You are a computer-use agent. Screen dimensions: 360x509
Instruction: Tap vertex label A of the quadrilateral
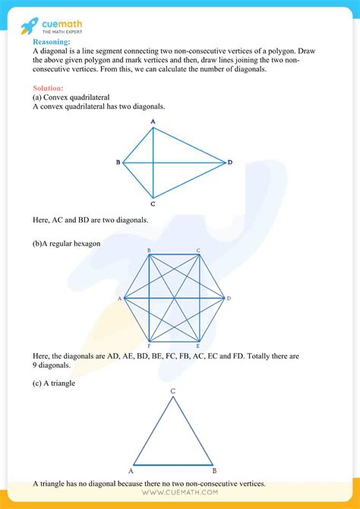tap(153, 121)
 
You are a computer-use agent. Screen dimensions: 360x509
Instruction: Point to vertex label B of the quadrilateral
tap(118, 163)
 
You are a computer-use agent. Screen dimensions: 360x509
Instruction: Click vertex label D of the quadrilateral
tap(229, 163)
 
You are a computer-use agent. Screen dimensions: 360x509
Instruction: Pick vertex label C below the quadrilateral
tap(153, 204)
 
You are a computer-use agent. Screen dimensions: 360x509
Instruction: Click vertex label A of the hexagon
tap(120, 299)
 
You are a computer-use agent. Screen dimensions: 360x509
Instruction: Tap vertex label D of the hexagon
tap(229, 299)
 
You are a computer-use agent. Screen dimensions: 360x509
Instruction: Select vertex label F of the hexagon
tap(149, 346)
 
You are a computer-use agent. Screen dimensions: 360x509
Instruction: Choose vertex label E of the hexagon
tap(198, 346)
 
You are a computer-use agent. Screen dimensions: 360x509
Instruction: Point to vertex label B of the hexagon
tap(149, 250)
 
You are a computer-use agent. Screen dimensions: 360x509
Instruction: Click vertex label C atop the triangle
tap(173, 391)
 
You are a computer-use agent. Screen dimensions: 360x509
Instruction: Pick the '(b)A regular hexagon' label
tap(67, 244)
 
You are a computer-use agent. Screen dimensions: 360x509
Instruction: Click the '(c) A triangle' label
tap(54, 383)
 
